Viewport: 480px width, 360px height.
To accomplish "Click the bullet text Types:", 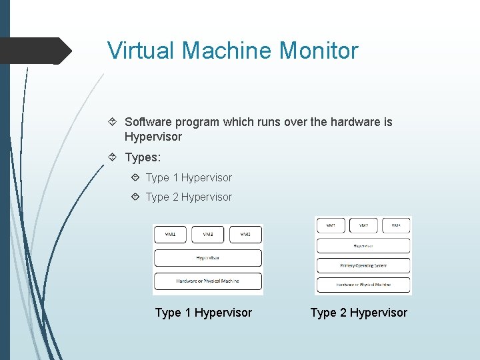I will tap(143, 158).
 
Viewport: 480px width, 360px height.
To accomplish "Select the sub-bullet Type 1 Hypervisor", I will tap(189, 177).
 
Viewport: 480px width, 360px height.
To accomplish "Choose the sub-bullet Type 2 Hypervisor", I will tap(189, 197).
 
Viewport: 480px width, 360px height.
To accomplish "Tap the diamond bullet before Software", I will tap(113, 122).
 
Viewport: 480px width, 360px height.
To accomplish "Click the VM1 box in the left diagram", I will tap(171, 234).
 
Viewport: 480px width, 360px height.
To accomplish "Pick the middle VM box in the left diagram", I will tap(208, 234).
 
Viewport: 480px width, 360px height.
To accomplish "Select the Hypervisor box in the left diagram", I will tap(208, 257).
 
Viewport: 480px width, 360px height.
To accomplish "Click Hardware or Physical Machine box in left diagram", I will tap(208, 281).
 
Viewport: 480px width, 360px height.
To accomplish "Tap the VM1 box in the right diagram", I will tap(331, 226).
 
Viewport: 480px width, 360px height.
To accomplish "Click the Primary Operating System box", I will tap(363, 265).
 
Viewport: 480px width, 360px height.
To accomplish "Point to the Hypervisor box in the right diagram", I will tap(363, 245).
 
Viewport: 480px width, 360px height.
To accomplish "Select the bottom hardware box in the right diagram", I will tap(363, 285).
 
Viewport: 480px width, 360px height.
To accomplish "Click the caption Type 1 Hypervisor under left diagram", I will tap(203, 313).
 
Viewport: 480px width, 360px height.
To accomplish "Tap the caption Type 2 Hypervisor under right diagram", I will tap(359, 313).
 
